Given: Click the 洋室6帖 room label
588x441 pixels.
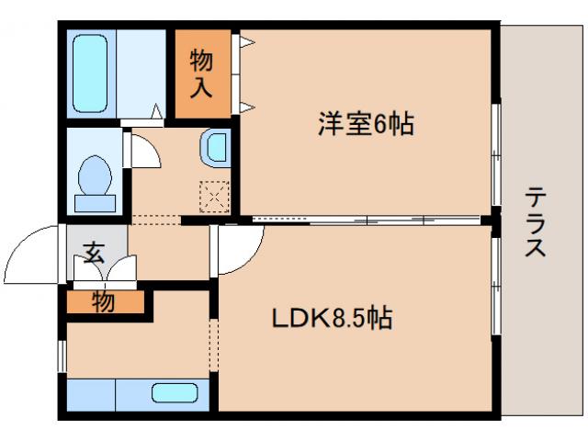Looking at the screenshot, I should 366,124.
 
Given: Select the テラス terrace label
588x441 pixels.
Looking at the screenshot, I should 538,221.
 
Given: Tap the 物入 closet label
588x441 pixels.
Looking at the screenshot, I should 202,74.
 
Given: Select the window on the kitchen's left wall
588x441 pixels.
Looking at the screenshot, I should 62,355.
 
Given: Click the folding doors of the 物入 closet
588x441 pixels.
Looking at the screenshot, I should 243,74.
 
